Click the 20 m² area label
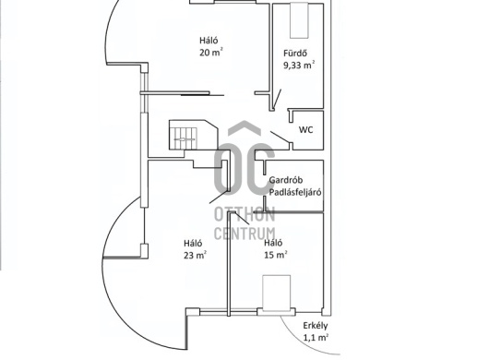(211, 52)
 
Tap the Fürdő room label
(295, 53)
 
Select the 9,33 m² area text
(299, 66)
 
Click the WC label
(305, 130)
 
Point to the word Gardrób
(286, 180)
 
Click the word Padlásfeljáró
(295, 192)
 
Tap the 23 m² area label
(195, 255)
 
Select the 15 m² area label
(276, 255)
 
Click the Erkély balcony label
(316, 326)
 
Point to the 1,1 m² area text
(316, 338)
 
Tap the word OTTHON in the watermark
(244, 215)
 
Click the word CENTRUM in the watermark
(244, 234)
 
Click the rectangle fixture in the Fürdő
(299, 20)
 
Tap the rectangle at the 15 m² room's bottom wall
(276, 293)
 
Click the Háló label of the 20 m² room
(209, 41)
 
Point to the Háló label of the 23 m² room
(193, 243)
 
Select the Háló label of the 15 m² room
(273, 243)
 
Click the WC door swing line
(280, 137)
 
